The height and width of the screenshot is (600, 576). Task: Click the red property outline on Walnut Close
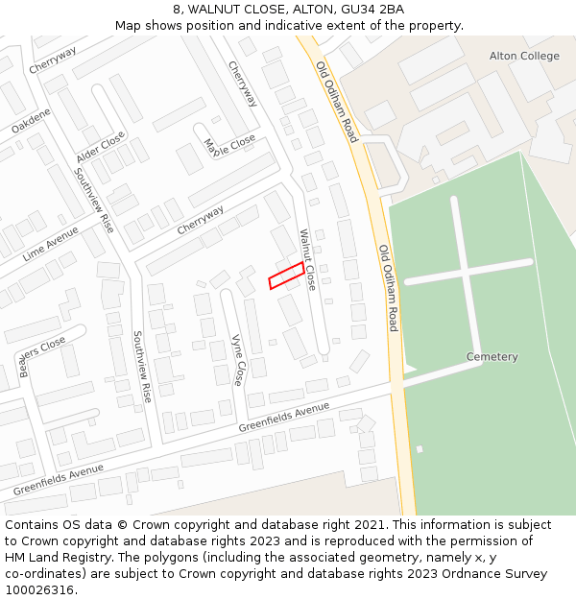click(x=286, y=276)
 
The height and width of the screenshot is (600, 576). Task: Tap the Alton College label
click(x=524, y=57)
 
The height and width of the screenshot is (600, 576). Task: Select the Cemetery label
click(x=492, y=357)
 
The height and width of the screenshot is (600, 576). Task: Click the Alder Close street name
click(x=101, y=148)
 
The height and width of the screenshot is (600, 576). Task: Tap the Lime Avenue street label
click(x=50, y=244)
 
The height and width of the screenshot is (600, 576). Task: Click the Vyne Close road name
click(x=237, y=360)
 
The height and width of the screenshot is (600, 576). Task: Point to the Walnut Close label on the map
click(x=307, y=260)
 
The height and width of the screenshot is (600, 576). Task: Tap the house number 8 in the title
click(x=178, y=10)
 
